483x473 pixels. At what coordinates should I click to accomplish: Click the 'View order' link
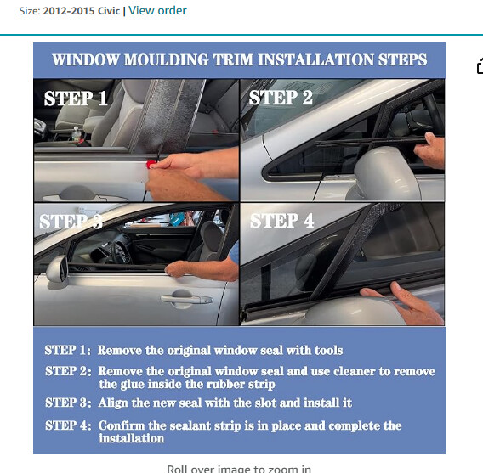point(157,10)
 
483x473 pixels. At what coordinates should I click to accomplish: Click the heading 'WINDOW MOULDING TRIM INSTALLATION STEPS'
point(239,59)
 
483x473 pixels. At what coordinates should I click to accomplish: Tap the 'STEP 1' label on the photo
point(76,99)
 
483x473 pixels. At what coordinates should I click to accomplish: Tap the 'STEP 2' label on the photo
point(281,99)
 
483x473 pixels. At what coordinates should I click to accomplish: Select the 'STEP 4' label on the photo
point(281,221)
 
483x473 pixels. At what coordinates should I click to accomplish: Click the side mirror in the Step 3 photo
point(58,269)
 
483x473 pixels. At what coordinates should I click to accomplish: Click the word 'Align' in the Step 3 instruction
point(115,403)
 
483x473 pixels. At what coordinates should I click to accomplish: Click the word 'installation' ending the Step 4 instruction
point(131,439)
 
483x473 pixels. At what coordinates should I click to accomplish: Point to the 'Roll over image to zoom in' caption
point(239,468)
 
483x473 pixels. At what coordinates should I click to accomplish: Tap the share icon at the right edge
point(479,66)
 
